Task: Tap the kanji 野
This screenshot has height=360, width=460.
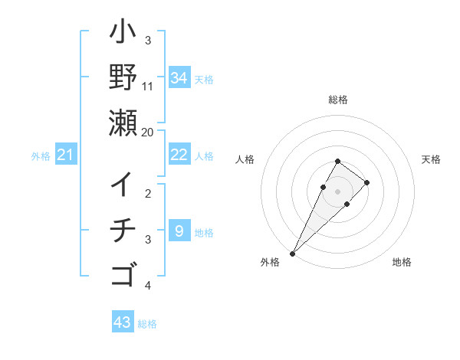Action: (x=123, y=77)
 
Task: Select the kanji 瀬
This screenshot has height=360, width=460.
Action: (x=123, y=123)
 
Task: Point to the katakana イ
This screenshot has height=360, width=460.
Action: (x=123, y=185)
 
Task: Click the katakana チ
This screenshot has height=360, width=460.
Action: (x=123, y=230)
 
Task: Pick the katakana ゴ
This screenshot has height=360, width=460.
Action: (x=123, y=273)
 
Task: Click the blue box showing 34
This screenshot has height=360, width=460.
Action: (x=179, y=77)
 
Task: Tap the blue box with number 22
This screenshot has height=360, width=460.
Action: (x=179, y=155)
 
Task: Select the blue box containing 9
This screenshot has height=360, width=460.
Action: (x=179, y=231)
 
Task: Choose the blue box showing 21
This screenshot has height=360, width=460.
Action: (x=65, y=155)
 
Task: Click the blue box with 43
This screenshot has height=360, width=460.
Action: (x=122, y=322)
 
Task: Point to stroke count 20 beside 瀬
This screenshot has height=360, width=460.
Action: (x=148, y=132)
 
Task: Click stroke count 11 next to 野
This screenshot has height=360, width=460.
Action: (x=148, y=87)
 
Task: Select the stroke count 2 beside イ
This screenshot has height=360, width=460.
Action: (x=148, y=194)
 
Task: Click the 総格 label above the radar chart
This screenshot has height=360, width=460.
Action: (x=337, y=100)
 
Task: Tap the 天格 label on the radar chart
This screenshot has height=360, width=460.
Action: (x=431, y=159)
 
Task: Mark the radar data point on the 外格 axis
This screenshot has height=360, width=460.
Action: (x=292, y=253)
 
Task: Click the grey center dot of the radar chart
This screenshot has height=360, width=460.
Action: (x=337, y=191)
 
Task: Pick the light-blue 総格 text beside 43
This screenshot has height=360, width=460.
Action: (x=147, y=324)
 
